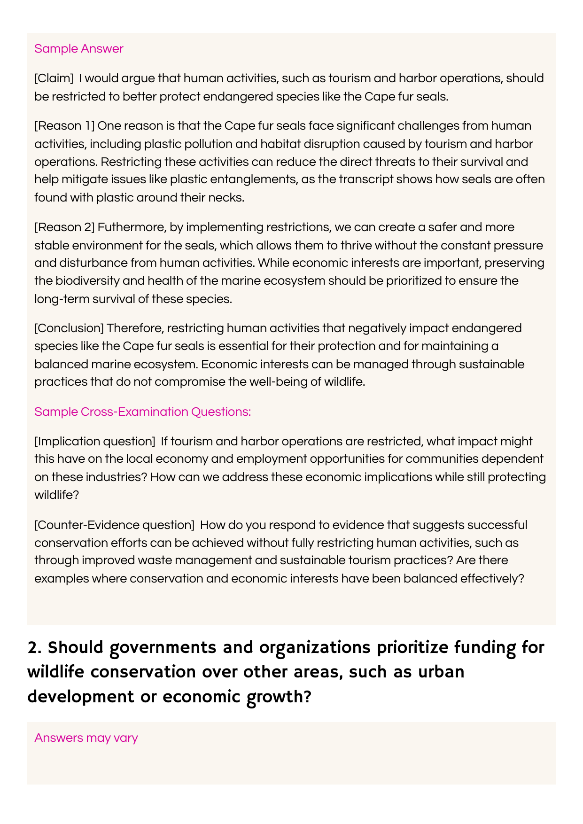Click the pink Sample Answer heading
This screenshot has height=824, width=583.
pos(78,49)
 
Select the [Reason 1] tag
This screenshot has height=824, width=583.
pos(65,126)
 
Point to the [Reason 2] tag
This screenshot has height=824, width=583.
pos(65,227)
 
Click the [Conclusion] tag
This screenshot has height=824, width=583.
pos(69,328)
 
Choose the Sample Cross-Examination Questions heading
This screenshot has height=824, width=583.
pos(142,412)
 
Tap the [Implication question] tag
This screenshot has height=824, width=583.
pos(95,442)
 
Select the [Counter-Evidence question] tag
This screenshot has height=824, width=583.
pos(114,525)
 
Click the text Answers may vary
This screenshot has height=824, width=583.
pos(86,738)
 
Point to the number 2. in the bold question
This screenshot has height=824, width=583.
pos(35,647)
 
